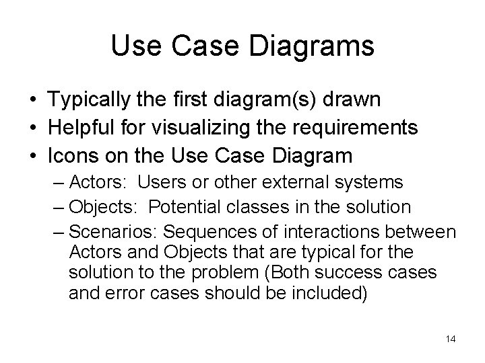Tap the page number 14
451,339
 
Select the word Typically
90,99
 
